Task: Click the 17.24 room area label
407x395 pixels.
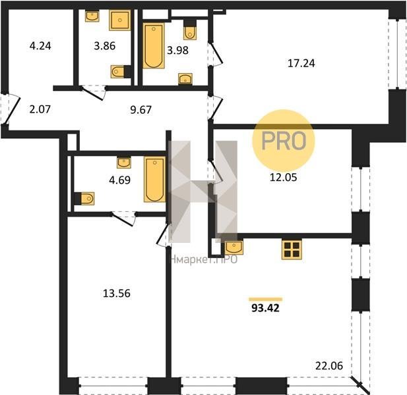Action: pos(301,63)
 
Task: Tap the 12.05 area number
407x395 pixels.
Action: pos(284,178)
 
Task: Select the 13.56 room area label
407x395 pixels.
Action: pos(117,294)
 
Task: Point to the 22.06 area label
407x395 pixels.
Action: pos(329,366)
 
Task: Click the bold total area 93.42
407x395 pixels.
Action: pos(266,308)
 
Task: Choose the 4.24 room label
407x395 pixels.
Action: pos(40,46)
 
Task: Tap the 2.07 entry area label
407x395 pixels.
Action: pos(40,109)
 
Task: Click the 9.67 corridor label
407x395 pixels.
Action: pos(141,109)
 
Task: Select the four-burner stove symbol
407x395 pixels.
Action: pos(292,249)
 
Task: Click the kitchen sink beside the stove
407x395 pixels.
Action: pos(234,248)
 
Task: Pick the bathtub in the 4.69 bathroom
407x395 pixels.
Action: pos(155,179)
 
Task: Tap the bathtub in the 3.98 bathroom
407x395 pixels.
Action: pos(154,45)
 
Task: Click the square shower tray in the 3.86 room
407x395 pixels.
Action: pos(119,20)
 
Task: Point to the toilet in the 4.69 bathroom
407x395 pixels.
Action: pos(84,199)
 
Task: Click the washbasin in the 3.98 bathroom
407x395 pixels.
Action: pos(185,79)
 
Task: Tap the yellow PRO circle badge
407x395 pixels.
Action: pos(284,141)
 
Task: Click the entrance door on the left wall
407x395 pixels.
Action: pos(11,109)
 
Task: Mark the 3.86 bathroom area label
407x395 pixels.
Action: pos(105,46)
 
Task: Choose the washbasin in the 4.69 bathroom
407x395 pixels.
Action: pos(124,163)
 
